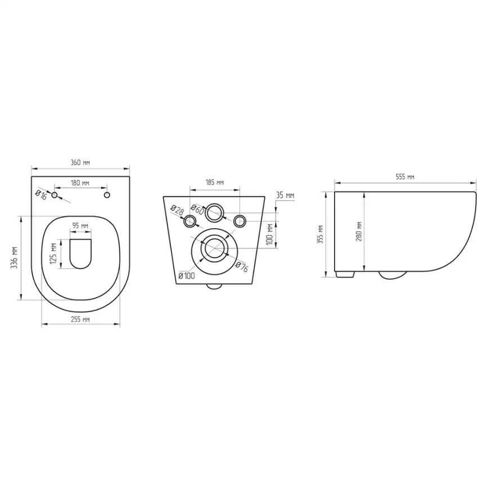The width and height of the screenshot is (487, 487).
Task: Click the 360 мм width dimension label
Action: point(80,162)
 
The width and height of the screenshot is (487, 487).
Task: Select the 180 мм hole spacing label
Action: point(80,183)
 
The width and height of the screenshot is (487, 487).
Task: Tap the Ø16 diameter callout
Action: point(41,195)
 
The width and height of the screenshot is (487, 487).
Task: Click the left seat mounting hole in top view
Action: point(55,195)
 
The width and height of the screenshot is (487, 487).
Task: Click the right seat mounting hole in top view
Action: point(107,195)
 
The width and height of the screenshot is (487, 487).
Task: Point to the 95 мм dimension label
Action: point(80,226)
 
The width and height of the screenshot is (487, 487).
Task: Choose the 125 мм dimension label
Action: point(53,254)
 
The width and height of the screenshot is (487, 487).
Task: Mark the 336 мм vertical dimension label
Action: point(14,258)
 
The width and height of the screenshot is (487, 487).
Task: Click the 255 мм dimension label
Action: point(80,319)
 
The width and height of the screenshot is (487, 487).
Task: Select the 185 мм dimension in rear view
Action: point(215,182)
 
